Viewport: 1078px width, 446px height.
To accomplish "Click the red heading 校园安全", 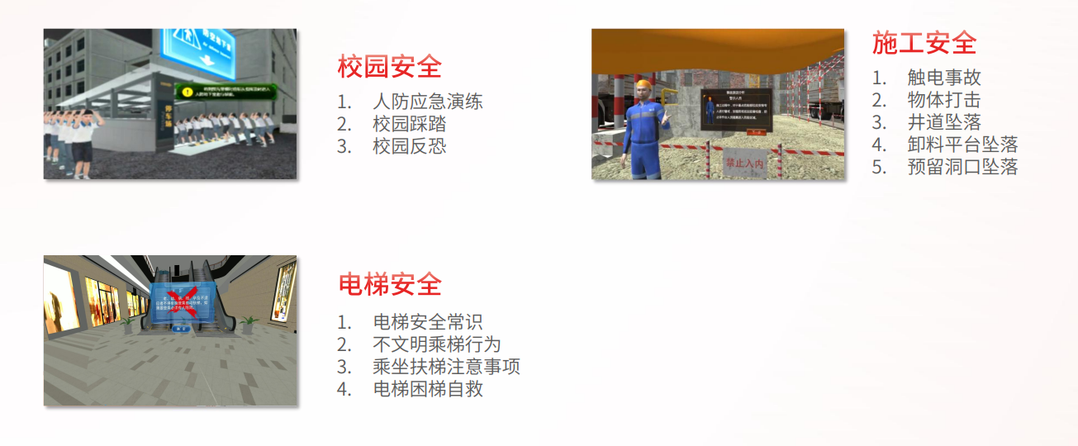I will (x=390, y=66).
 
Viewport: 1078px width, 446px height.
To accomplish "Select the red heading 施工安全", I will (x=924, y=42).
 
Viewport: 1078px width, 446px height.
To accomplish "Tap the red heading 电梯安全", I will (x=390, y=284).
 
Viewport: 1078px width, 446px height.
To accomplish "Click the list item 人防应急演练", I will (x=427, y=102).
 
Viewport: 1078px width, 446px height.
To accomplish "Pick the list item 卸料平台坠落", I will (x=962, y=145).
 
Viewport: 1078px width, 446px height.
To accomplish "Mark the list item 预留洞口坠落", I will (x=962, y=167).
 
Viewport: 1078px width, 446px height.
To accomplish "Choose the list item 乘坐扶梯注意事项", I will (x=446, y=367).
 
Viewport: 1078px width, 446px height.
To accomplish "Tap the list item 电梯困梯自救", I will (x=427, y=389).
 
